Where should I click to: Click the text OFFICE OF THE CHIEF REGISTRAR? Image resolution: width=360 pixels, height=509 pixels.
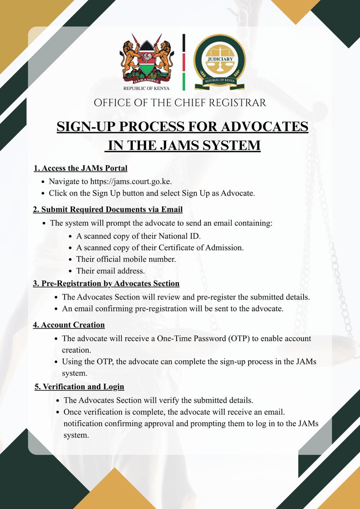coord(180,103)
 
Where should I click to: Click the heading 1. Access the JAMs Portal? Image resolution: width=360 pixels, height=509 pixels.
coord(81,168)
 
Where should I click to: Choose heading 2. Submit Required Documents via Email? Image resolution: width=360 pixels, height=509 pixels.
coord(107,209)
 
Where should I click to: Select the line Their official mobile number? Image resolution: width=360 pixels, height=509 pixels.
coord(126,259)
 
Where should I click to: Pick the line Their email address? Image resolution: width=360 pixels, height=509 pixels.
coord(111,271)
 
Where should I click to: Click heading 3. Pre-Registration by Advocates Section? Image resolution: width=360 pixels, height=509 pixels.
coord(106,284)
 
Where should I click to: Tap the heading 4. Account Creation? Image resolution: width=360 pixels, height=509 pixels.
coord(69,325)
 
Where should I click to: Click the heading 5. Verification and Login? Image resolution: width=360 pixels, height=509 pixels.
coord(79,387)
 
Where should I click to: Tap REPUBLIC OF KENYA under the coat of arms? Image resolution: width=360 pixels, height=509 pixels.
coord(146,88)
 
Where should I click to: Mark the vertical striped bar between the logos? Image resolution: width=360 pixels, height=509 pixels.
coord(184,62)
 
